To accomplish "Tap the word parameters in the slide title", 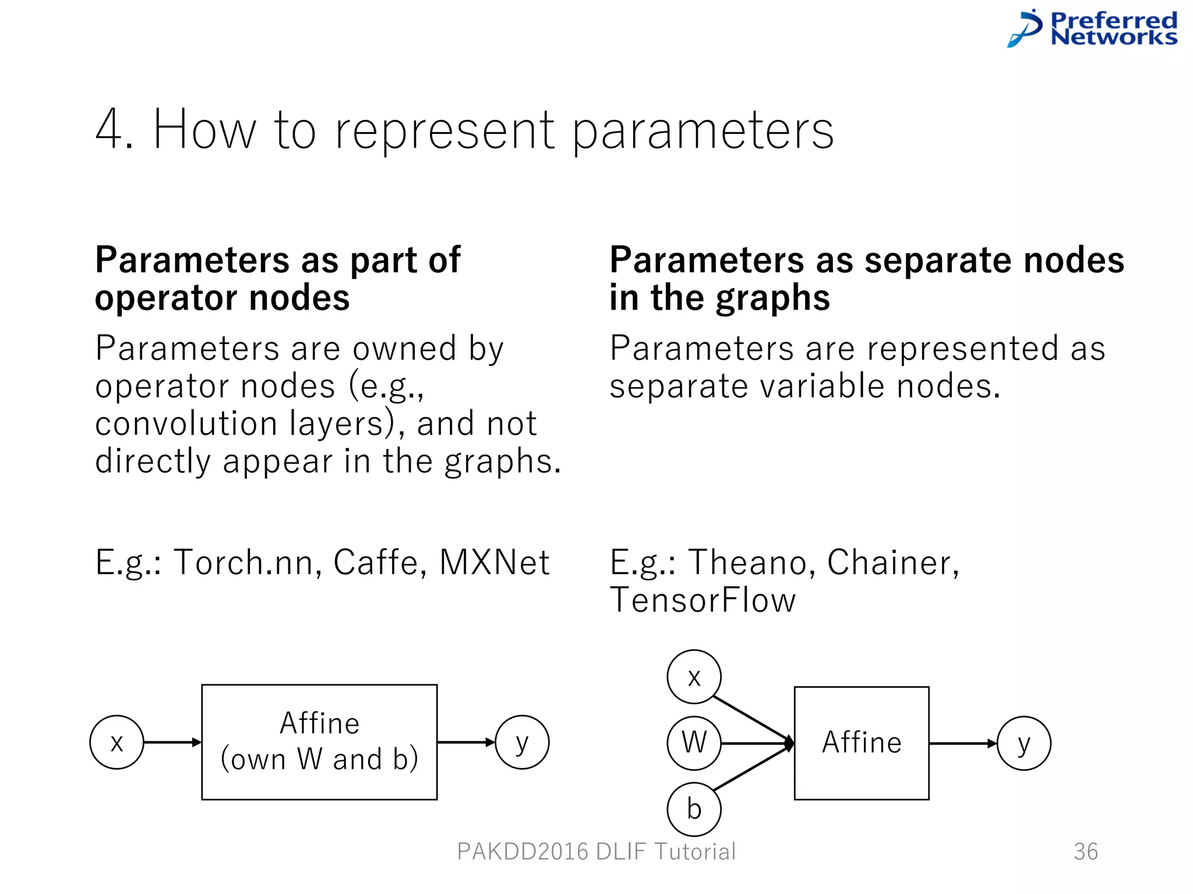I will [x=703, y=132].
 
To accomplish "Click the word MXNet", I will [x=494, y=563].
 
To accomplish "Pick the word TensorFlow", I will [x=703, y=601].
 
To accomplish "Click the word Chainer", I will [x=891, y=563].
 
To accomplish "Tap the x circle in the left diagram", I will [x=117, y=743].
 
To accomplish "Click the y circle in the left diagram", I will [x=522, y=743].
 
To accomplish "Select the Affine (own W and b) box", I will [x=319, y=742].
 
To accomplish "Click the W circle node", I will [x=694, y=743].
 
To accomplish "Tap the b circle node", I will [x=694, y=810].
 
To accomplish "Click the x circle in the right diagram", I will [x=694, y=677].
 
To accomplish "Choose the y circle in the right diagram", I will [x=1023, y=743].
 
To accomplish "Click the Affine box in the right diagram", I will [x=862, y=743].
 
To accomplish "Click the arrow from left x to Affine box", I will [x=172, y=743].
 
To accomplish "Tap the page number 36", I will [x=1086, y=852].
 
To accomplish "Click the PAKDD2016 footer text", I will [x=596, y=852].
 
